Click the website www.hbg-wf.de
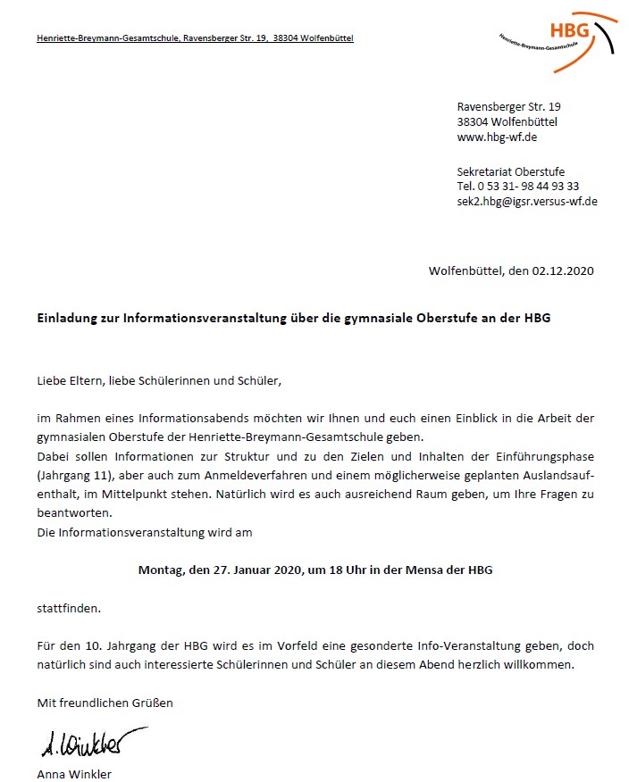(x=497, y=137)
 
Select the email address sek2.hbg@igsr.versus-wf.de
(x=527, y=201)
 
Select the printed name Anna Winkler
(x=74, y=774)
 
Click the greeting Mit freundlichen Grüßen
(x=105, y=703)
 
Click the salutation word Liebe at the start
(x=52, y=381)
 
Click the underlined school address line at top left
(x=195, y=38)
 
